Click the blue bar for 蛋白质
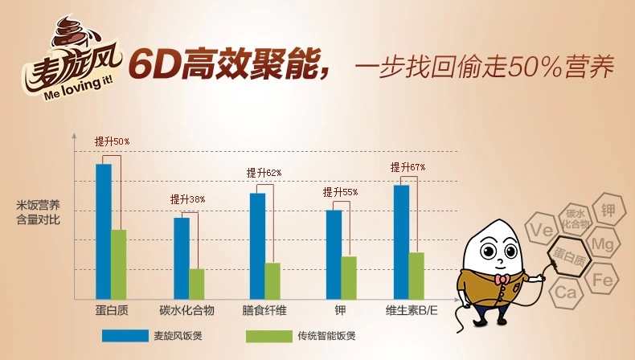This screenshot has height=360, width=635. (104, 231)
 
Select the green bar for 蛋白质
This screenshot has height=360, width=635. (119, 264)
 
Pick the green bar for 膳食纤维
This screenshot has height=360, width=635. (272, 280)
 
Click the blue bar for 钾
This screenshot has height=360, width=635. (334, 253)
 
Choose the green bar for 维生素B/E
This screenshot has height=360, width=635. (416, 275)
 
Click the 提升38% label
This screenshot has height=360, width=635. (187, 199)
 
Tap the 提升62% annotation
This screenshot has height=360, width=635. (264, 173)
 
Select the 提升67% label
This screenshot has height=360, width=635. (408, 167)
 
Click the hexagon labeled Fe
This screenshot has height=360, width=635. (602, 280)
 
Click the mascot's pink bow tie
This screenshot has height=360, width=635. (502, 279)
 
